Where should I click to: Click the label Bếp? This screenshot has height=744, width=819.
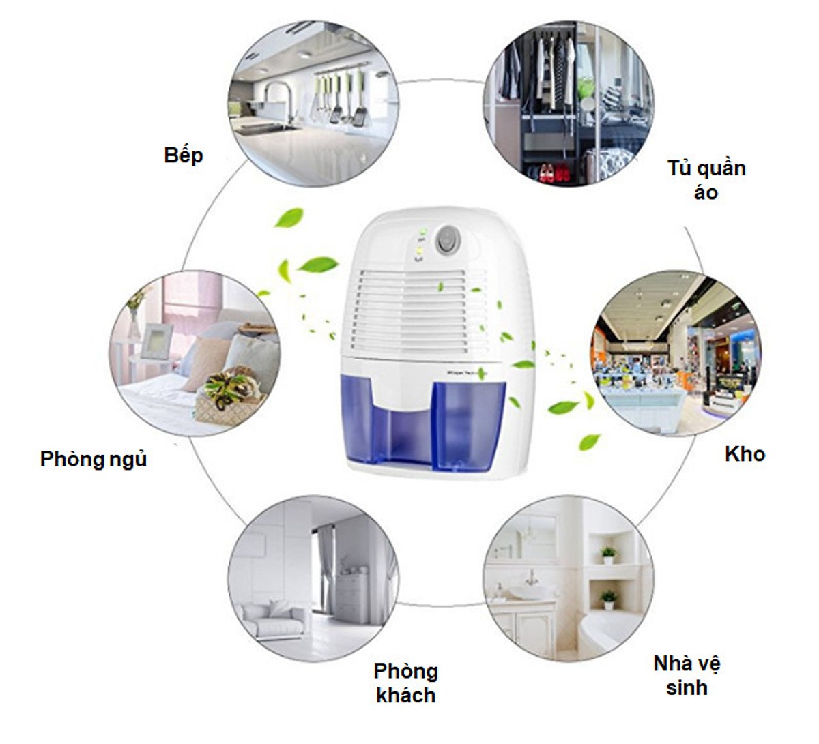click(184, 155)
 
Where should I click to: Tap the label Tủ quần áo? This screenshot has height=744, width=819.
click(706, 180)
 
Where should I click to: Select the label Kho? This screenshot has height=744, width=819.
click(745, 454)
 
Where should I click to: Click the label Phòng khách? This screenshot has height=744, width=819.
click(406, 683)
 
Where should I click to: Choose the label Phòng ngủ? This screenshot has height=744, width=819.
click(94, 460)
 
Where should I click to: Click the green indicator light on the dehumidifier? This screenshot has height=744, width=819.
click(423, 232)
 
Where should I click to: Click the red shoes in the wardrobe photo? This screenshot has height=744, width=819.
click(554, 173)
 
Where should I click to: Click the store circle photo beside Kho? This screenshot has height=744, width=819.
click(676, 354)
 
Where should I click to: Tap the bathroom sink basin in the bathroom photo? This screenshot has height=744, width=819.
click(530, 592)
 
